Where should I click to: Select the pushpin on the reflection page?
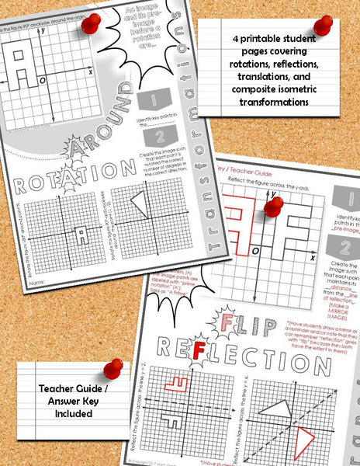point(273,207)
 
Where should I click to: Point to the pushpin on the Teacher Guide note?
point(114,368)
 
